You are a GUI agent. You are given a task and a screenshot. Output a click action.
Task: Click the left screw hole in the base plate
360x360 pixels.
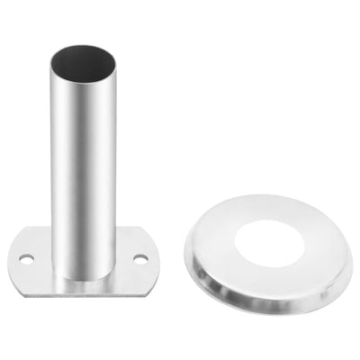(x=26, y=258)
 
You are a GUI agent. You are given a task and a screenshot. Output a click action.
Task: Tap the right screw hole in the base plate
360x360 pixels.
(x=139, y=258)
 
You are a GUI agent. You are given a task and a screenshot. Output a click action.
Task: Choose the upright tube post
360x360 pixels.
(x=83, y=162)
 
